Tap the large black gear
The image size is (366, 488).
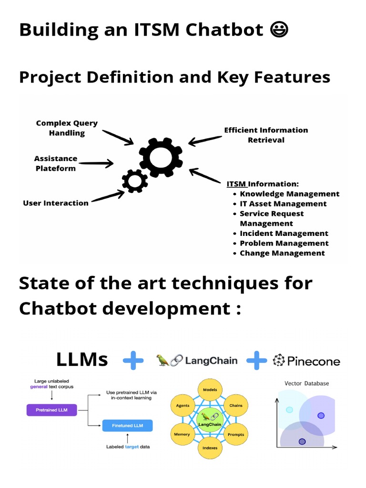coord(161,157)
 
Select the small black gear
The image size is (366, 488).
coord(135,181)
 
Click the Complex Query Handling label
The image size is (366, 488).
coord(67,128)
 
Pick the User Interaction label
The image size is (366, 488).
coord(56,203)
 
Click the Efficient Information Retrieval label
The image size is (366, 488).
coord(266,135)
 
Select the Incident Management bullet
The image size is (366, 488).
coord(284,234)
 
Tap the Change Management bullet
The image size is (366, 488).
coord(282,253)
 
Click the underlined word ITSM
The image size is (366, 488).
coord(236,184)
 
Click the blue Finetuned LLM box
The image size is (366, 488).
coord(127,425)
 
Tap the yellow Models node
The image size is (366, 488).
coord(210,390)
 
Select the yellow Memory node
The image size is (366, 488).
coord(182,434)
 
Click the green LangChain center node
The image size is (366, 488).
coord(210,419)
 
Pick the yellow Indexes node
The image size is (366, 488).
coord(210,448)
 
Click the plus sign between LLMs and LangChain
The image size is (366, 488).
coord(133,361)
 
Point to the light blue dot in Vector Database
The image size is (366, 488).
coord(289,410)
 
